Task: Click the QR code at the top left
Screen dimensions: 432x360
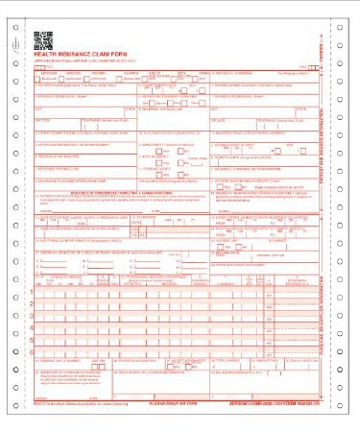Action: pyautogui.click(x=42, y=39)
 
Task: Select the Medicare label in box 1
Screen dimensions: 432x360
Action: pyautogui.click(x=47, y=72)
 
